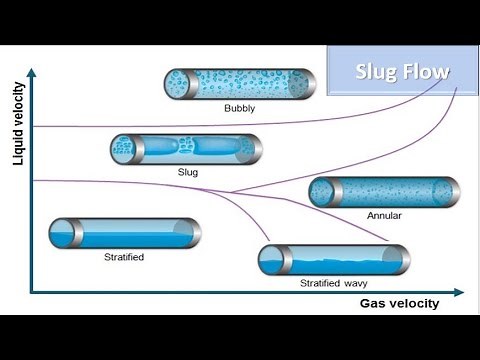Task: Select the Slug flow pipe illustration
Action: tap(185, 149)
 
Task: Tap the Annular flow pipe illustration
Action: tap(384, 192)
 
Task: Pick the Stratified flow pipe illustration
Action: tap(124, 233)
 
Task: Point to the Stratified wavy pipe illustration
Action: tap(333, 260)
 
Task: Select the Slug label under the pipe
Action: tap(186, 172)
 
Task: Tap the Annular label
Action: tap(384, 215)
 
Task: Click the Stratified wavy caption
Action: tap(334, 283)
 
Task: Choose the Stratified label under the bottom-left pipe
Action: tap(124, 257)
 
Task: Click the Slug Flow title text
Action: tap(403, 72)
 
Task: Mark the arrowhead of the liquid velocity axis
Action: tap(32, 72)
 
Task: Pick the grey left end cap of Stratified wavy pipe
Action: tap(266, 260)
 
